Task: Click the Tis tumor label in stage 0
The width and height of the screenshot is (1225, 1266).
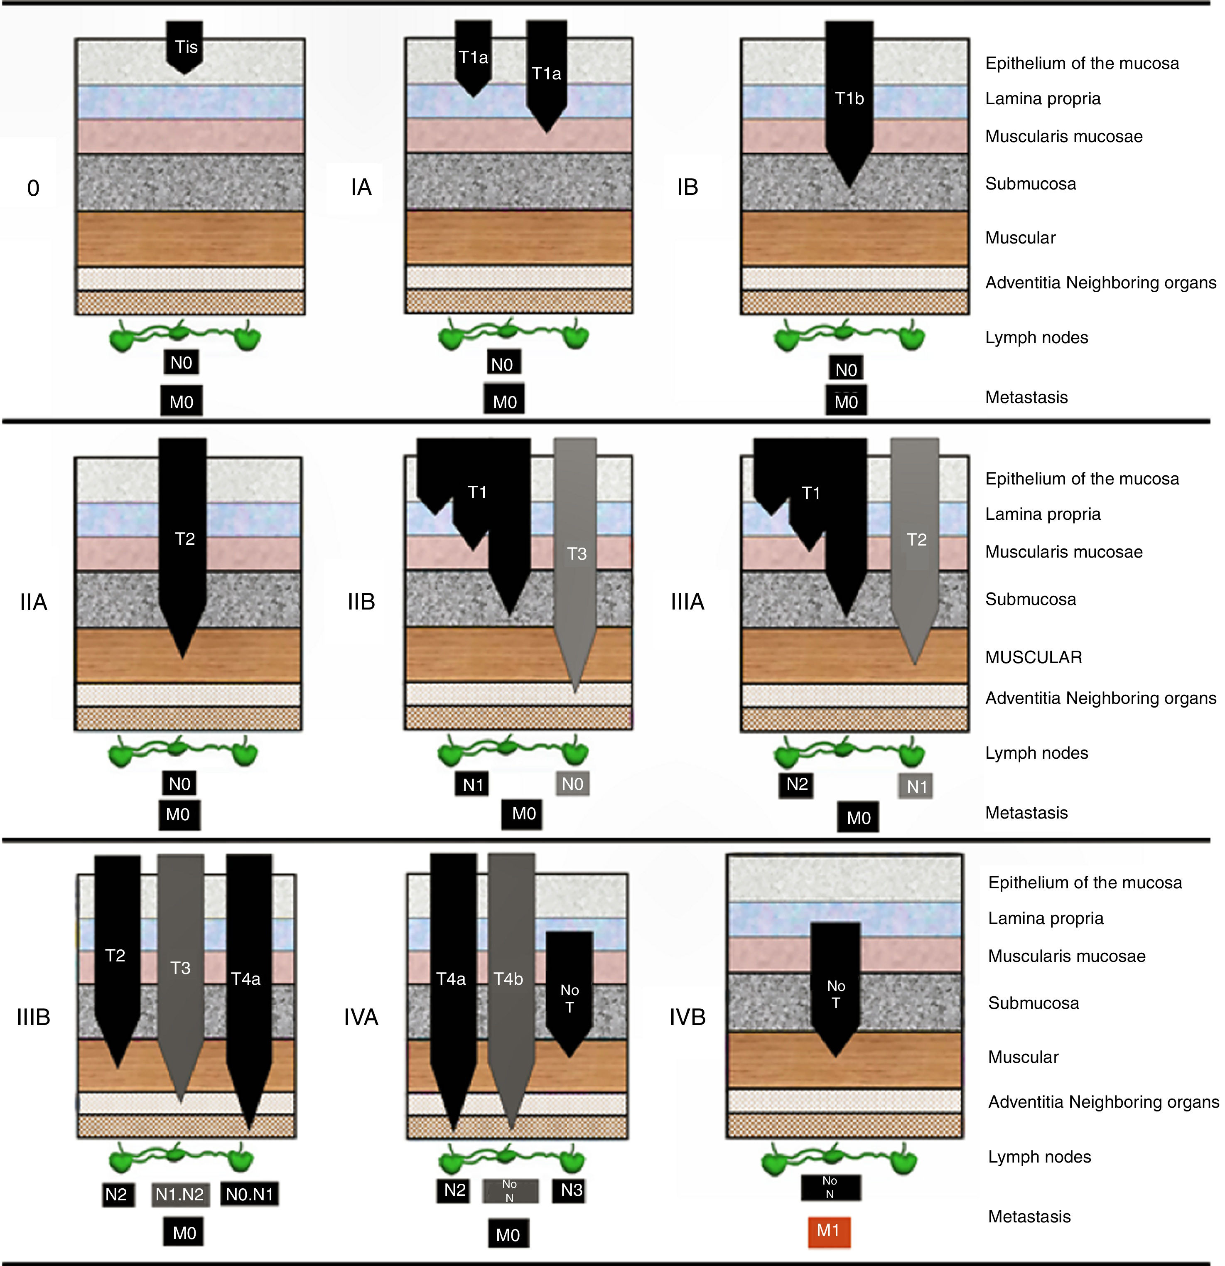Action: coord(186,47)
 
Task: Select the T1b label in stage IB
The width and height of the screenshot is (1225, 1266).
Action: coord(849,98)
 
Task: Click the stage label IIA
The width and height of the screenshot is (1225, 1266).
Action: coord(34,602)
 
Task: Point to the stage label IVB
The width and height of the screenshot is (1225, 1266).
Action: coord(687,1017)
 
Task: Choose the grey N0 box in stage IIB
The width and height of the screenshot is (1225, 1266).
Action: coord(572,784)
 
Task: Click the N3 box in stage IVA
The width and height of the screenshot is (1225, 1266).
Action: coord(572,1190)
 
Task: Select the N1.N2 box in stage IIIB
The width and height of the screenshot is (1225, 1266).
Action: coord(179,1194)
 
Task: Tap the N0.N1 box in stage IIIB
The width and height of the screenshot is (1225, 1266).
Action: coord(249,1194)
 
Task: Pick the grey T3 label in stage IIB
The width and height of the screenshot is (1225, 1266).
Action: coord(577,553)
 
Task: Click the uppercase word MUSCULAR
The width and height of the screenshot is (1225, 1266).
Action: coord(1033,657)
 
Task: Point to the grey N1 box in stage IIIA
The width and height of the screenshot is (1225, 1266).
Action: coord(916,787)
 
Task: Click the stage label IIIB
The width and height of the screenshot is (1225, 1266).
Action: coord(34,1017)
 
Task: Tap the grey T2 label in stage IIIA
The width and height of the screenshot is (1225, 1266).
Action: coord(916,539)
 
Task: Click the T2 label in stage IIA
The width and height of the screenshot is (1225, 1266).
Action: coord(185,539)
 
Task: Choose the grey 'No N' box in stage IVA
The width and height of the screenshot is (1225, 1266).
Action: coord(510,1190)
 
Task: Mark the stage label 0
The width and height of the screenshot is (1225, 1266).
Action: coord(34,188)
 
